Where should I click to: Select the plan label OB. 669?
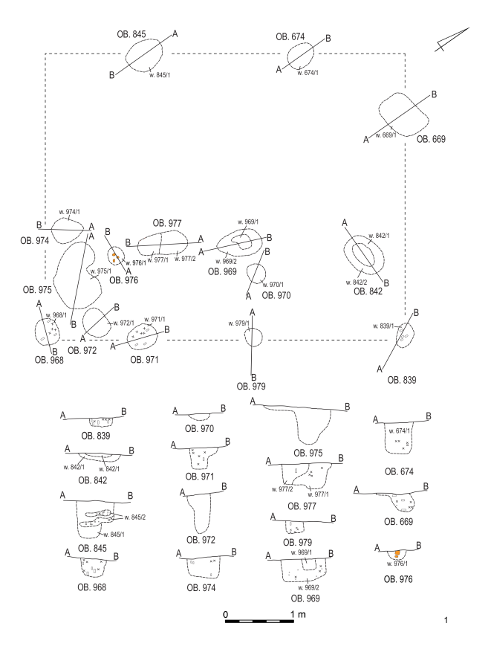click(x=432, y=138)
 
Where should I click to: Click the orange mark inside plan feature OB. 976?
click(x=115, y=257)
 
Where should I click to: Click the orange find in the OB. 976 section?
click(x=397, y=553)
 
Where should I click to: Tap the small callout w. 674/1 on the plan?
click(x=308, y=72)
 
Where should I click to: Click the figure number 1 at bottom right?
click(x=446, y=619)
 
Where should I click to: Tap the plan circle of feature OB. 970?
click(x=256, y=273)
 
